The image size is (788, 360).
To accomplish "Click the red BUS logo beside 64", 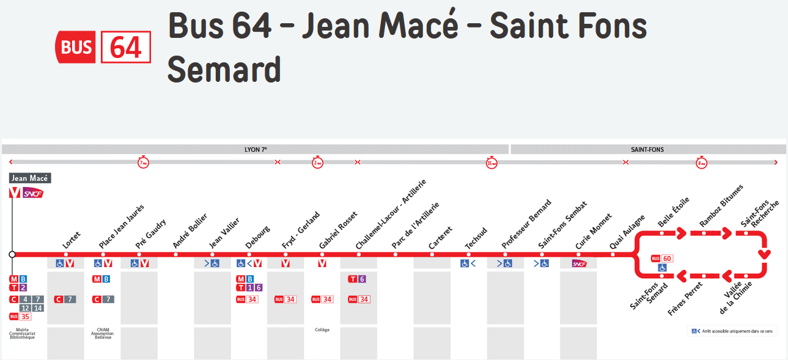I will pos(76,47).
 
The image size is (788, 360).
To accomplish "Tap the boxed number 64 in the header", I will pos(126,47).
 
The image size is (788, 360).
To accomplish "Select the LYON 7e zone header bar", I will pos(256,149).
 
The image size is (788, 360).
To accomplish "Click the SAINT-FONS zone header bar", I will pos(647,149).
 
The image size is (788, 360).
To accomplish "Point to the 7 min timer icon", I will pos(143,163).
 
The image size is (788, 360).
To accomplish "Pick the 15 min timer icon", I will pos(492,163).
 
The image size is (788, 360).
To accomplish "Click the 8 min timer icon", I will pos(701,163).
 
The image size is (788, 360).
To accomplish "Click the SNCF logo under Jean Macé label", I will pos(33,193).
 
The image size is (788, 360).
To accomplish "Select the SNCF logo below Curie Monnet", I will pos(579,263).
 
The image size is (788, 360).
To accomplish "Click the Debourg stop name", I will pos(257,238).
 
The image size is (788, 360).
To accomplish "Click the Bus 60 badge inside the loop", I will pos(662,259).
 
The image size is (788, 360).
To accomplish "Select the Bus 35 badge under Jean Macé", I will pos(20,317).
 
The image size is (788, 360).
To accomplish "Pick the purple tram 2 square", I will pos(23,288).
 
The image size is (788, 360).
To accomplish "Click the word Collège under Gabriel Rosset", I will pos(322,330).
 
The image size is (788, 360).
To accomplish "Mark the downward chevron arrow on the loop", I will pos(763,254).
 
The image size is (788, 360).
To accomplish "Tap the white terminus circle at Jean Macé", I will pos(12,254).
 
